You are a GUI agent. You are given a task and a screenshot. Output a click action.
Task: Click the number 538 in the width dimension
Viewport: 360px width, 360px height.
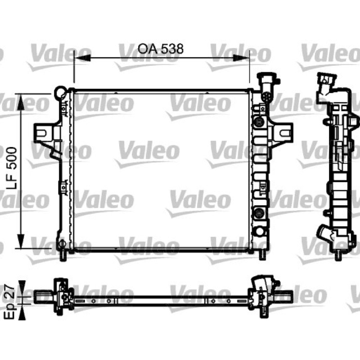pyautogui.click(x=172, y=49)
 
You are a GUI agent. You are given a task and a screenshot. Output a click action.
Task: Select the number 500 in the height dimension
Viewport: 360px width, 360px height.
pyautogui.click(x=12, y=158)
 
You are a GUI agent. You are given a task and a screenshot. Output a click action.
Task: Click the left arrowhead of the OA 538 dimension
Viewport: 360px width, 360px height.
pyautogui.click(x=82, y=58)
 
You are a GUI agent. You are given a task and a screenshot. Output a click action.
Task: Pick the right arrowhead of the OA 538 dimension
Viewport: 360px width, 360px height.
pyautogui.click(x=241, y=58)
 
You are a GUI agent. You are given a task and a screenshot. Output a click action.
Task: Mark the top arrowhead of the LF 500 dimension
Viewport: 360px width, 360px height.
pyautogui.click(x=21, y=102)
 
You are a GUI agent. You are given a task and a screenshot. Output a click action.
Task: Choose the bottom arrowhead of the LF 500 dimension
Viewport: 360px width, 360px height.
pyautogui.click(x=21, y=241)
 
